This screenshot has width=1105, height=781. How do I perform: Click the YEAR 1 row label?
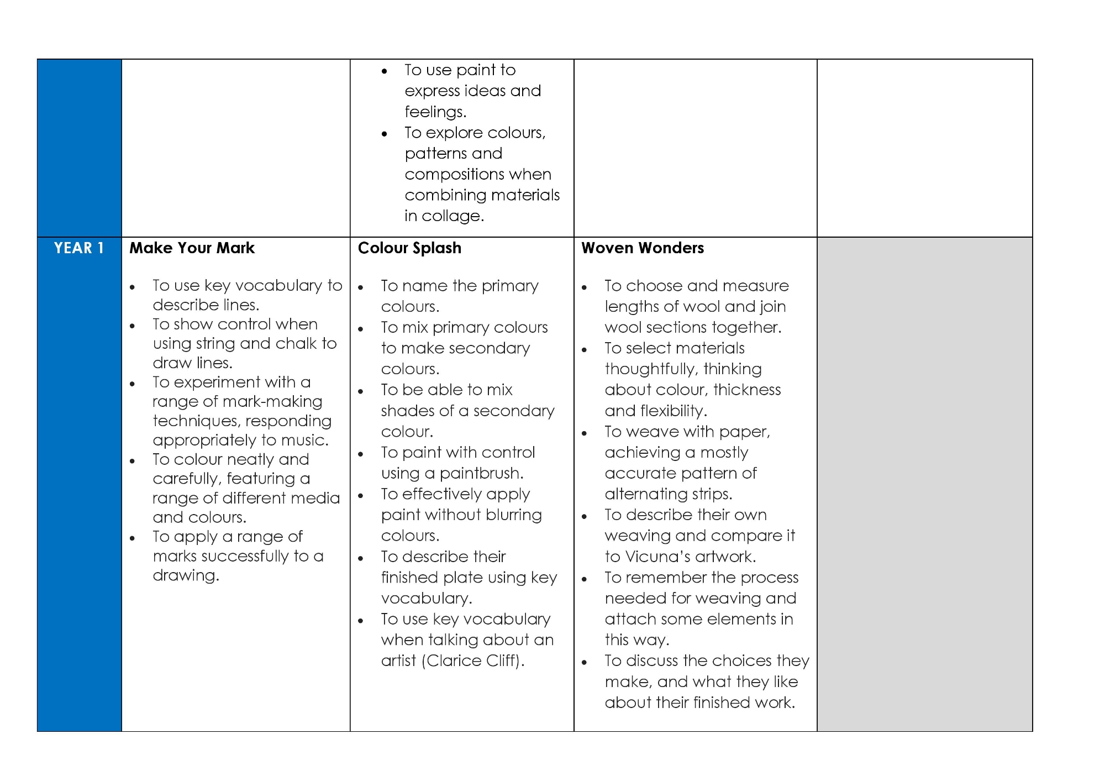tap(79, 248)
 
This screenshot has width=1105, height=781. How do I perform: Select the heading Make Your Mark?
tap(192, 248)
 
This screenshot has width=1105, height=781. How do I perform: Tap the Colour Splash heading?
tap(409, 248)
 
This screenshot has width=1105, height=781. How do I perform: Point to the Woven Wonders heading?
tap(643, 248)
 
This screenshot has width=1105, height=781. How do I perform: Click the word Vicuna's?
tap(656, 557)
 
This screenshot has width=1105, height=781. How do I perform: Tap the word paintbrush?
tap(481, 474)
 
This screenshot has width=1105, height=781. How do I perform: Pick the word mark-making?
tap(280, 402)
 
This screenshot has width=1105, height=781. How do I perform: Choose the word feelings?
tap(435, 112)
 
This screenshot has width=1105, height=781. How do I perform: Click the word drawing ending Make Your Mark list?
tap(186, 576)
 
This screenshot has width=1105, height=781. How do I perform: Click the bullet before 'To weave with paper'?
tap(585, 433)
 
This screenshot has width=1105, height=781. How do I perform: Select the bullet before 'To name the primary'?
tap(361, 287)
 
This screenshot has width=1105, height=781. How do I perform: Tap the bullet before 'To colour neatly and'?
tap(133, 461)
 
